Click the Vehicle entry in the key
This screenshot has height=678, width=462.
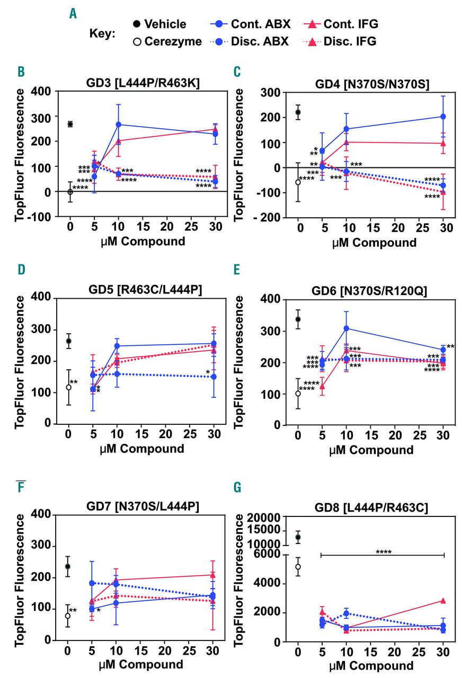click(x=159, y=24)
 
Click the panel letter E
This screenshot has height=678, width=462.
click(x=237, y=271)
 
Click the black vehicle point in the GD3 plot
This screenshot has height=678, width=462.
click(x=70, y=124)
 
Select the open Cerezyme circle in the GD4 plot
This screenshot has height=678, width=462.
click(x=298, y=182)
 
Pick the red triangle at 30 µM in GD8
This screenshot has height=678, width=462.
click(x=443, y=601)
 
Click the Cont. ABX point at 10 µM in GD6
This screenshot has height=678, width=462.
click(x=346, y=328)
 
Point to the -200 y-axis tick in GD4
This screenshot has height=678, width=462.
click(x=274, y=217)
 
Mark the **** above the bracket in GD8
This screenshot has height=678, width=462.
click(x=383, y=552)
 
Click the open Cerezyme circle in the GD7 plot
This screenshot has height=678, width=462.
click(x=68, y=616)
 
